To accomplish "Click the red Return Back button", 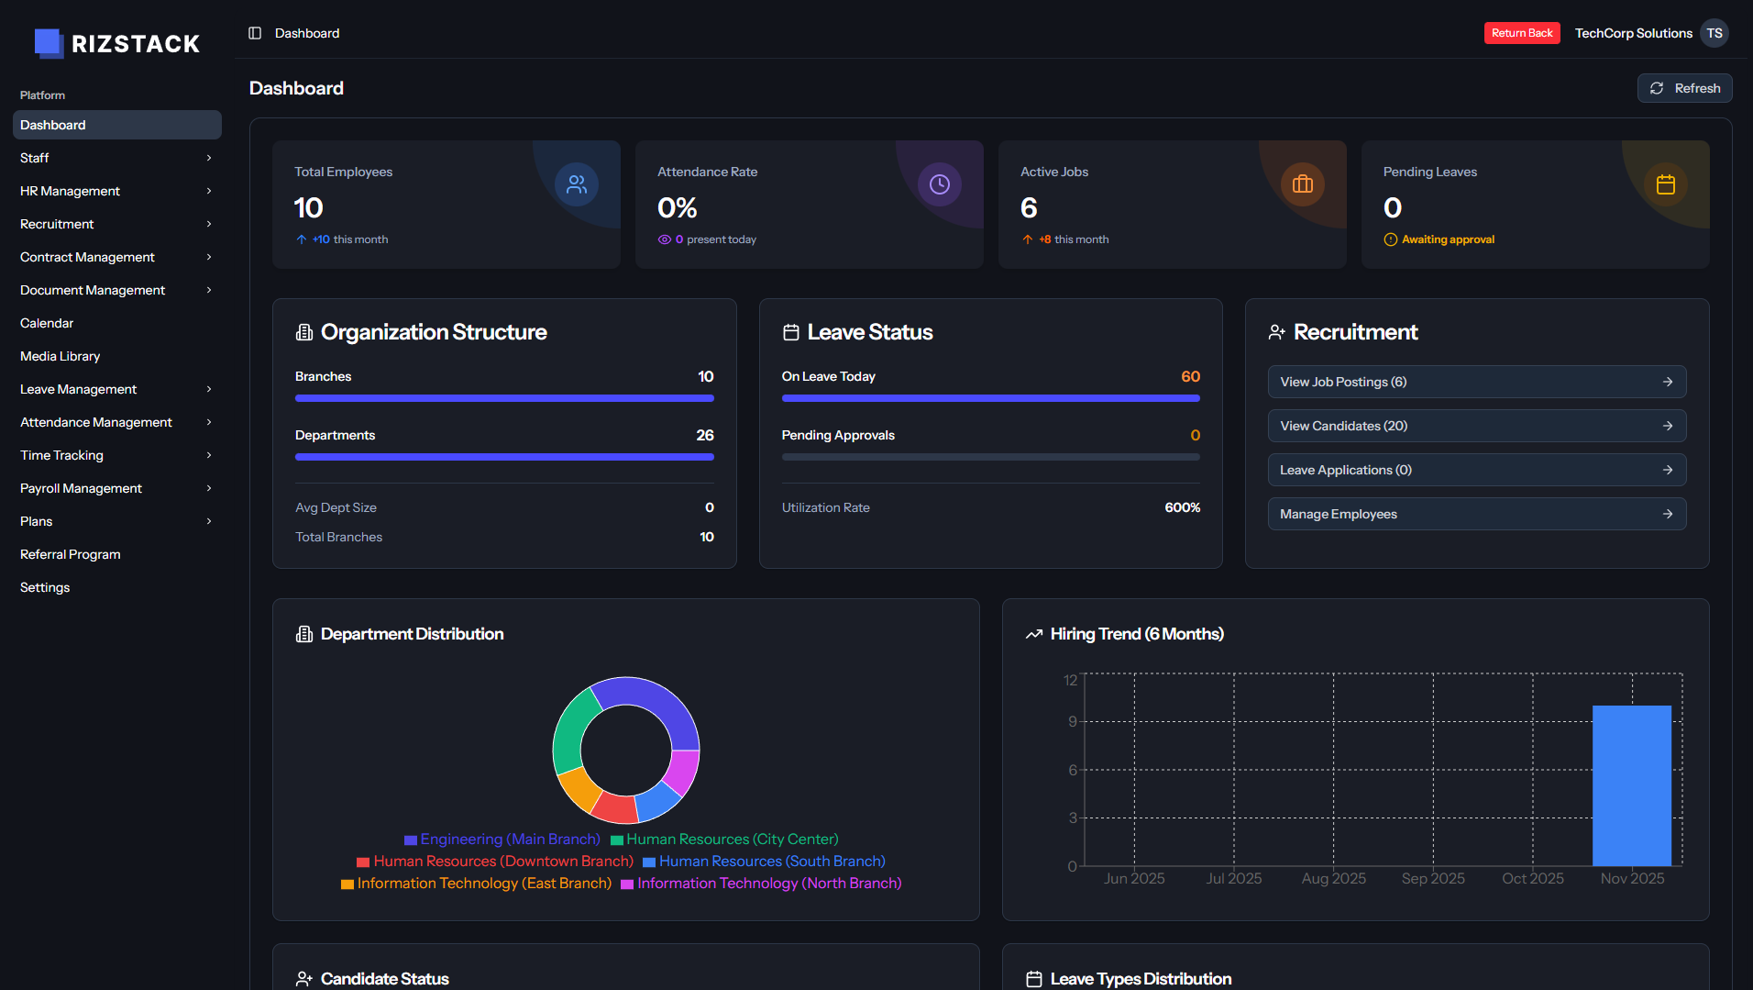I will [1521, 33].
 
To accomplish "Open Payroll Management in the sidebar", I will [81, 488].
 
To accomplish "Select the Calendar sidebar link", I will [47, 323].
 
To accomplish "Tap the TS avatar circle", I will [1714, 33].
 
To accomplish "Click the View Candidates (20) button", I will [1476, 426].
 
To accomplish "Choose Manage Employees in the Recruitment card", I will [1476, 514].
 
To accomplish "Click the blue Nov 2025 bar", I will [1631, 785].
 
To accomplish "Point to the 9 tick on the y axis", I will [1072, 722].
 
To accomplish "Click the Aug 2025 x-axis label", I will [1333, 878].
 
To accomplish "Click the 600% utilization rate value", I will [1182, 507].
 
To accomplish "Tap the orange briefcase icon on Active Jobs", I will [1302, 184].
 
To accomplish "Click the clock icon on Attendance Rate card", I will [939, 184].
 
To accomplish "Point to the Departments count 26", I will [704, 435].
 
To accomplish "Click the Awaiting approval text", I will [1448, 239].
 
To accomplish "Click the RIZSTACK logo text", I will [136, 44].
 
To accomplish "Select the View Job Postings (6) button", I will [1476, 382].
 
